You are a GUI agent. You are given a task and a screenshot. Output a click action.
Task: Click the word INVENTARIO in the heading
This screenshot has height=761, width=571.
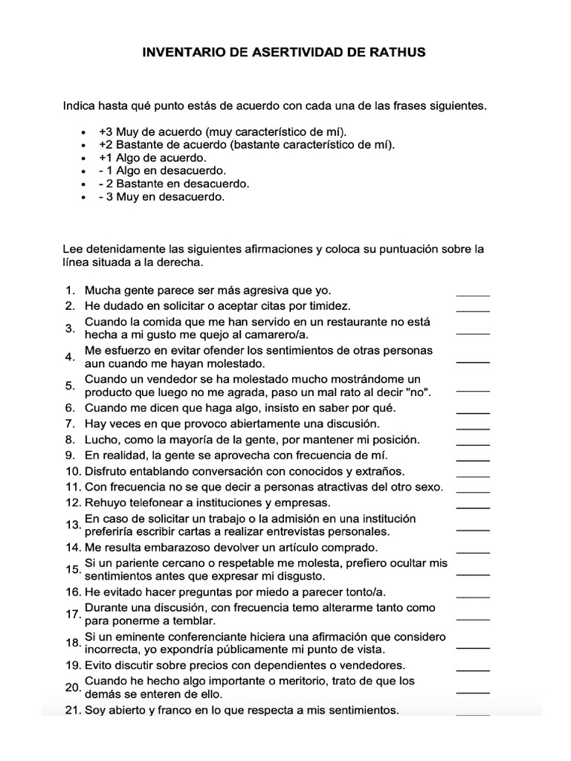[182, 54]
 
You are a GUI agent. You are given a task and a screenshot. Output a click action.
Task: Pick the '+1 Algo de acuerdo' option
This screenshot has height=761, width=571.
[152, 158]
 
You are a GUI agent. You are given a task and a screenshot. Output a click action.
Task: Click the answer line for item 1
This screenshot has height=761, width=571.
[473, 294]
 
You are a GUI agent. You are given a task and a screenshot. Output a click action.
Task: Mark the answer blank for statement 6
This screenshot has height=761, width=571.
[473, 412]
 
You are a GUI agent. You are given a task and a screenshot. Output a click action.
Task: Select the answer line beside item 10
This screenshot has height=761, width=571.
[473, 476]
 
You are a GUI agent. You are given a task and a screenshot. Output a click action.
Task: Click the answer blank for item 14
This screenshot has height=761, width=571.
[473, 551]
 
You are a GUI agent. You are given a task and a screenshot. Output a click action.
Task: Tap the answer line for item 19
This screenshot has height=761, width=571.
[473, 670]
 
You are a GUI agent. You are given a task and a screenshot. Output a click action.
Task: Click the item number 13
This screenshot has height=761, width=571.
[73, 525]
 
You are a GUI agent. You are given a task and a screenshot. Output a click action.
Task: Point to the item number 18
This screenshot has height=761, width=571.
[73, 643]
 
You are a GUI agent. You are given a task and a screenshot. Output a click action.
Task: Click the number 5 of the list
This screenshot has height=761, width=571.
[70, 386]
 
